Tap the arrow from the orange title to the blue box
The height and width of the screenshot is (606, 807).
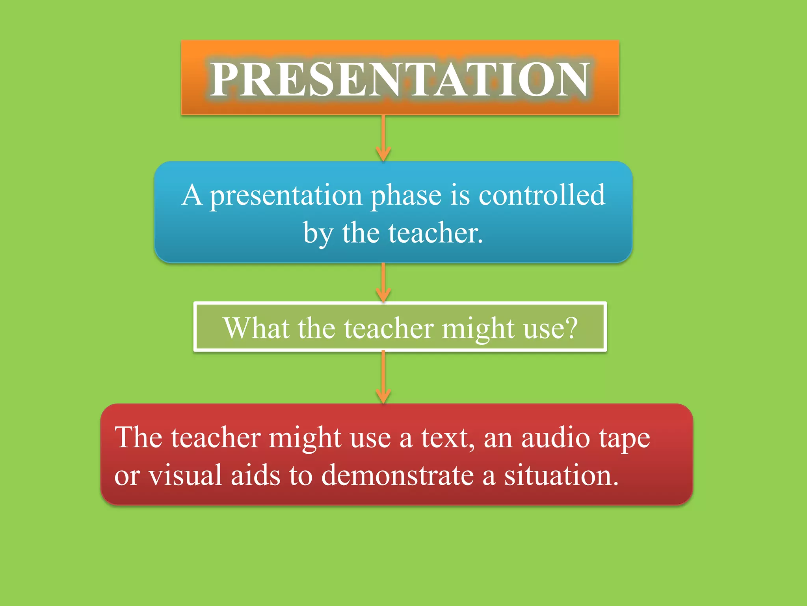pyautogui.click(x=383, y=138)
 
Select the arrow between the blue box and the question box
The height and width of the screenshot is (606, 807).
pyautogui.click(x=383, y=282)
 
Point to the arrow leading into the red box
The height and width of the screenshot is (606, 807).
pyautogui.click(x=383, y=377)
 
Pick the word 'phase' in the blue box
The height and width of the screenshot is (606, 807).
pyautogui.click(x=406, y=196)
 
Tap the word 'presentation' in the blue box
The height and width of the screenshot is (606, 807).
pyautogui.click(x=286, y=196)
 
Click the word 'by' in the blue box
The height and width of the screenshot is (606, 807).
pyautogui.click(x=318, y=234)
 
